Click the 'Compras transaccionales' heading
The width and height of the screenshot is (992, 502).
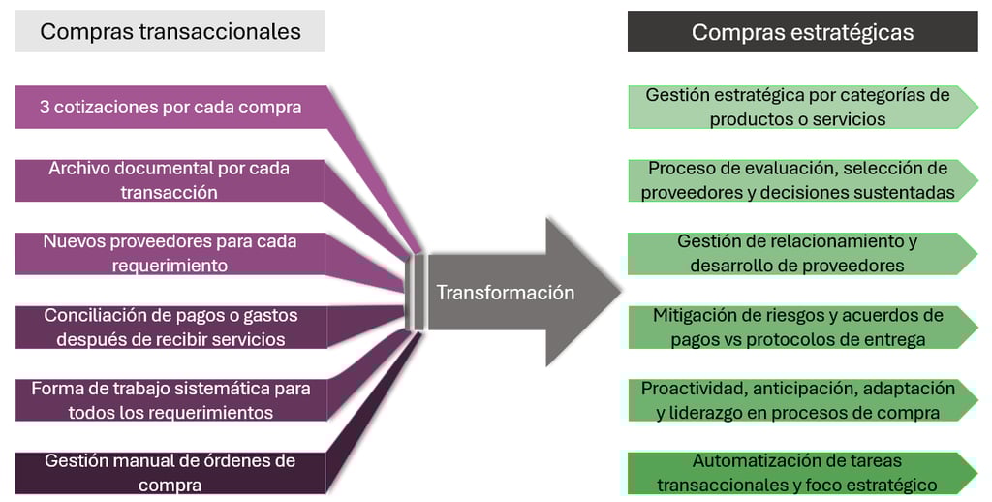point(170,31)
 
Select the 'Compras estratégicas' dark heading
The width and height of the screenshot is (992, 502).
point(802,32)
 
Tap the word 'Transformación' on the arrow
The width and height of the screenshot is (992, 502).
point(505,292)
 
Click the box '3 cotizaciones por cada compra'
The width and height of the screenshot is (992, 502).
point(170,107)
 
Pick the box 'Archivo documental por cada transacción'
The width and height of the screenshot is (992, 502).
point(170,180)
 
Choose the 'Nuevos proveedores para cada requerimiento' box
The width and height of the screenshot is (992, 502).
point(170,253)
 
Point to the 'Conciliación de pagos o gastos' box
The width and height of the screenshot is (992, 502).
point(170,327)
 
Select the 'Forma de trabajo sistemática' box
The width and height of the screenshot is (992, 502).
point(170,400)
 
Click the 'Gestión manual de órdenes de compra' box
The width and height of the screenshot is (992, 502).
point(170,473)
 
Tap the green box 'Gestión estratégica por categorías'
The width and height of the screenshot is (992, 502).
point(797,107)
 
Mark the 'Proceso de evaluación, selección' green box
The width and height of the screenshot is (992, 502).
point(797,180)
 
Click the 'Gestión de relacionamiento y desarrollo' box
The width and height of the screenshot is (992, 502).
point(797,253)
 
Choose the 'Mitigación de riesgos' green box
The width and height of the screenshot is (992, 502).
point(797,327)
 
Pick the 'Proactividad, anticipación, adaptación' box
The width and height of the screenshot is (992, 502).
point(797,400)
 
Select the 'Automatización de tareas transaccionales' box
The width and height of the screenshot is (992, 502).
point(797,473)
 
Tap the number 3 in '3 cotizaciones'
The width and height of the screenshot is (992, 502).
point(45,107)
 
